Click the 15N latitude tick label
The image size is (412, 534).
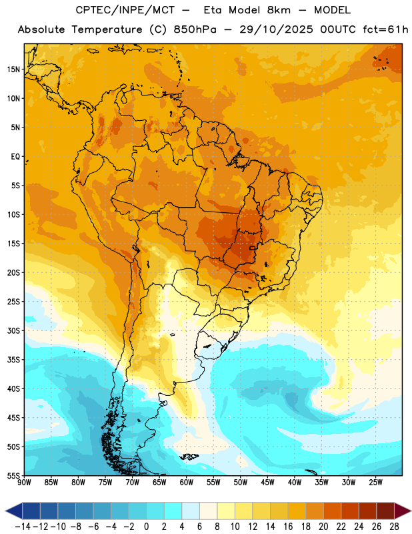pos(13,69)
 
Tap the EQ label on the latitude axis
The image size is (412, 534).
pos(15,157)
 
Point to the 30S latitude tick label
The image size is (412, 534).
pos(13,330)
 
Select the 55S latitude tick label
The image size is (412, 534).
pos(13,476)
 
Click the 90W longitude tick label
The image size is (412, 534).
pos(25,482)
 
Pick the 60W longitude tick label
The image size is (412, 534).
pos(187,482)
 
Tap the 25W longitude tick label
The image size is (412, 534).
pos(375,482)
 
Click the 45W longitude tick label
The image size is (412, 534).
pos(267,482)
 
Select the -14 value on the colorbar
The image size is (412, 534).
pos(23,527)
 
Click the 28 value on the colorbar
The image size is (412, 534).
pos(394,527)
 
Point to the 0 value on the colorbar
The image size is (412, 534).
pos(146,527)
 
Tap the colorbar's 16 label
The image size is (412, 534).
pos(288,527)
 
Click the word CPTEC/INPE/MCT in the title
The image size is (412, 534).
pos(125,10)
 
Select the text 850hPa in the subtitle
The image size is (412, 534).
pos(195,29)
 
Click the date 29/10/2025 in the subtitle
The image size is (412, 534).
pos(276,29)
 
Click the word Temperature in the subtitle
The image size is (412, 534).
pos(107,29)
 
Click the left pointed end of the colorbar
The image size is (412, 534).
pos(6,511)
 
